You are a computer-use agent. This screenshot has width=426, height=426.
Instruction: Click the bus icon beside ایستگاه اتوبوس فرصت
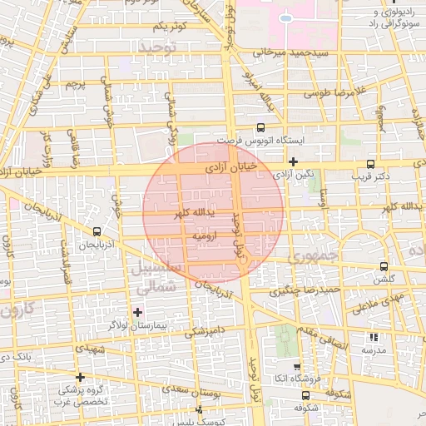tap(261, 127)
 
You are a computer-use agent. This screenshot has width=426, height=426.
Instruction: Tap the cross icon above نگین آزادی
tap(293, 161)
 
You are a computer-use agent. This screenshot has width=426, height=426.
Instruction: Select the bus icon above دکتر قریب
tap(370, 164)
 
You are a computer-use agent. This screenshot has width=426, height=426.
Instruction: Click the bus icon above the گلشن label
tap(383, 266)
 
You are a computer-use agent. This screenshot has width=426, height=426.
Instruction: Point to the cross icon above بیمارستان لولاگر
tap(137, 311)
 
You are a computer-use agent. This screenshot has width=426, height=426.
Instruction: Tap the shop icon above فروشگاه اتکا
tap(296, 365)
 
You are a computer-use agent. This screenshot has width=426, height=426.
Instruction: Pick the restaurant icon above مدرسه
tap(373, 337)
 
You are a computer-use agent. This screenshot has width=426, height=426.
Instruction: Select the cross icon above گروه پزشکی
tap(80, 377)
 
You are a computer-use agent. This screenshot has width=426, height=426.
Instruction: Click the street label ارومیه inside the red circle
tap(205, 236)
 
